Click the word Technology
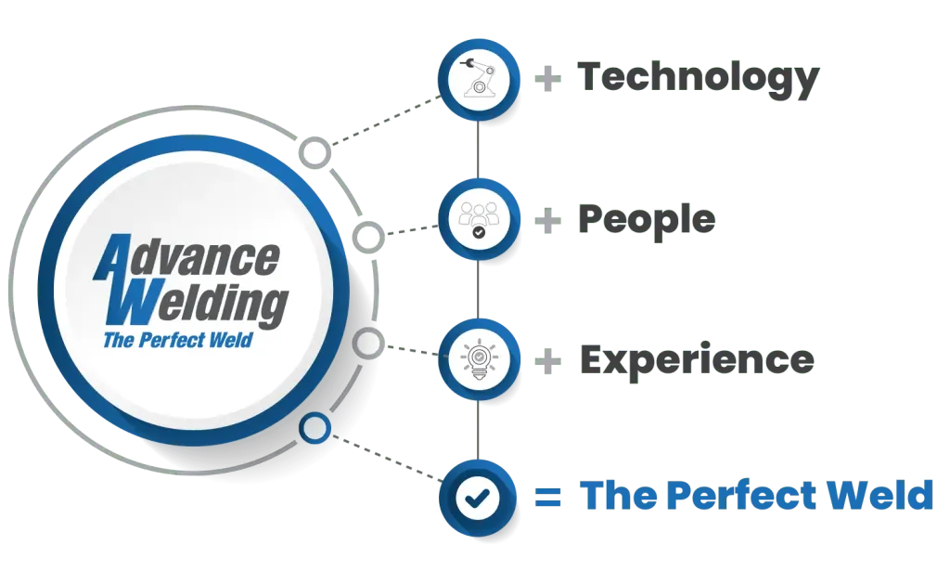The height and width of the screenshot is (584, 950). point(698,79)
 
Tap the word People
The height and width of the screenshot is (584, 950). point(647,221)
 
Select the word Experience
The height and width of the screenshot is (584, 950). point(697,361)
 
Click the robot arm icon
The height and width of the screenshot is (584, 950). point(479,78)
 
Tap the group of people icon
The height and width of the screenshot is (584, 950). point(479,219)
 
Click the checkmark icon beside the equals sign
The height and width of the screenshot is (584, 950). point(478,499)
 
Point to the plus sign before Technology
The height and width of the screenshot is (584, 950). point(547,79)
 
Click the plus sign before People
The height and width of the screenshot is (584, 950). point(547,221)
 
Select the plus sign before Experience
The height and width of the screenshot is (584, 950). point(547,362)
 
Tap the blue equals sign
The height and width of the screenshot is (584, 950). point(547,498)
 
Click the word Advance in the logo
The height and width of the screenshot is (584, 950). point(186,258)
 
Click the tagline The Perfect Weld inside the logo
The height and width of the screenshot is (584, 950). point(177,340)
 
